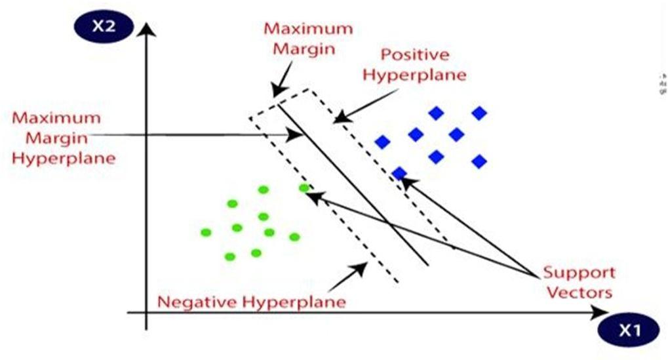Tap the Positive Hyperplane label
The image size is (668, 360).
414,65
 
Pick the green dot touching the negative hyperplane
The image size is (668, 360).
304,188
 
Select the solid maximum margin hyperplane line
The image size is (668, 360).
354,184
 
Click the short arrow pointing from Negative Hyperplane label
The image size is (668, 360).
347,276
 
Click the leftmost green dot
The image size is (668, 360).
206,232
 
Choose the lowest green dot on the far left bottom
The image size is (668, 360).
229,256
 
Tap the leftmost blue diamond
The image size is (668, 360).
382,142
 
